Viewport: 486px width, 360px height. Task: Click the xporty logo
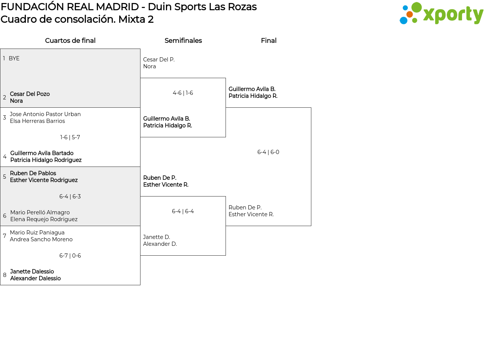[x=441, y=14]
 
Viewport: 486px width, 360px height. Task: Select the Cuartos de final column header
[x=70, y=41]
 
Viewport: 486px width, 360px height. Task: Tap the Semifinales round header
[x=183, y=41]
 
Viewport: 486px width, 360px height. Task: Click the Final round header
[x=268, y=41]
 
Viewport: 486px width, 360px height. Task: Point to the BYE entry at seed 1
[x=14, y=58]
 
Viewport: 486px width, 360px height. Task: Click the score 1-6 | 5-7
[x=70, y=137]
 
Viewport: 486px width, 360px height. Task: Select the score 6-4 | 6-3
[x=70, y=197]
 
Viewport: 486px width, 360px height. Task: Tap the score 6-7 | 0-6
[x=70, y=256]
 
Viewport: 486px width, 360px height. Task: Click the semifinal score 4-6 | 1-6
[x=183, y=93]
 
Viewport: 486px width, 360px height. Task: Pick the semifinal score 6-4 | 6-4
[x=183, y=211]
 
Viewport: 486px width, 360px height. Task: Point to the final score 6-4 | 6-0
[x=268, y=152]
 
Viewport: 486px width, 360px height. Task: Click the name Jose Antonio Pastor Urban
[x=45, y=114]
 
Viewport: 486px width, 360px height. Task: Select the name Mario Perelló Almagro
[x=40, y=212]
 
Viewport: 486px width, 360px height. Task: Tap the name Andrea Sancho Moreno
[x=41, y=239]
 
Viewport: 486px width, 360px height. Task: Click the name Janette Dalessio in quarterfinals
[x=32, y=272]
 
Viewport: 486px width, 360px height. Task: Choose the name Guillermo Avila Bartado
[x=42, y=153]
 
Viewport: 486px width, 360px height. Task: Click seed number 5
[x=5, y=177]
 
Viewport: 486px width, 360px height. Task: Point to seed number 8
[x=5, y=275]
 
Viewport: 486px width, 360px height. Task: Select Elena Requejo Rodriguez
[x=44, y=219]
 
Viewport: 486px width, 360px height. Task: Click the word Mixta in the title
[x=131, y=19]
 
